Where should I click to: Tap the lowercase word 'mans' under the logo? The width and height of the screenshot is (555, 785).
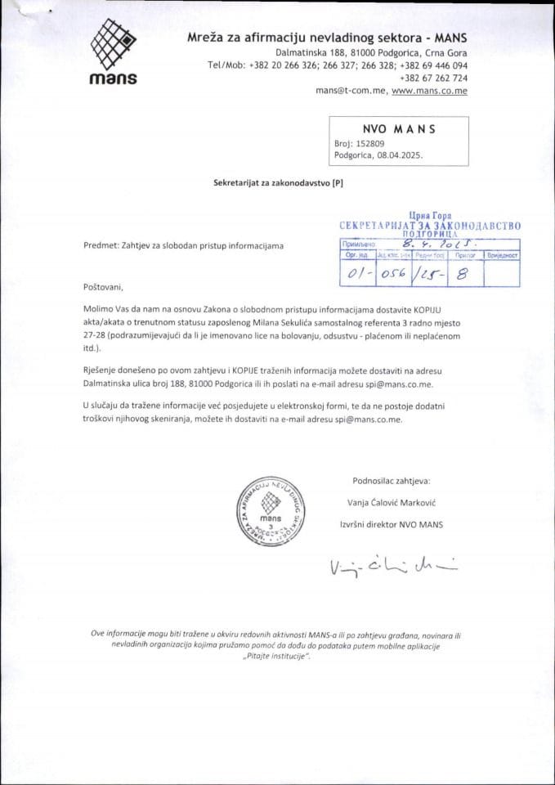coord(112,78)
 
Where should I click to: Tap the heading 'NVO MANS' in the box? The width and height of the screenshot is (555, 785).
coord(398,128)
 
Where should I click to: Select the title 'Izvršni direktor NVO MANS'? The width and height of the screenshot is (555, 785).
coord(391,524)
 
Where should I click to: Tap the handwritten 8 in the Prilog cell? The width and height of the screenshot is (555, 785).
coord(462,275)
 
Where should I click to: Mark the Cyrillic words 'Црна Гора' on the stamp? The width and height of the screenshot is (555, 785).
coord(429,214)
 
